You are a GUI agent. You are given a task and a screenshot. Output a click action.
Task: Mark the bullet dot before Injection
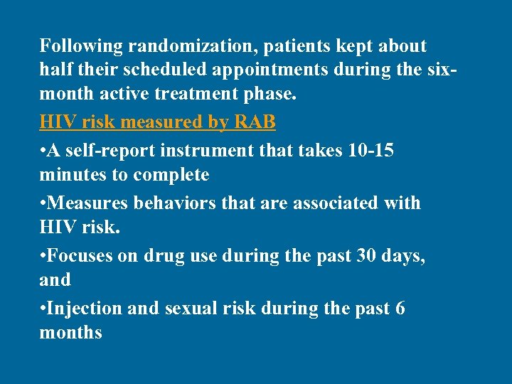[43, 309]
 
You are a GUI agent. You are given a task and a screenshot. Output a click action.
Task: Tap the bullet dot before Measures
[43, 203]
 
